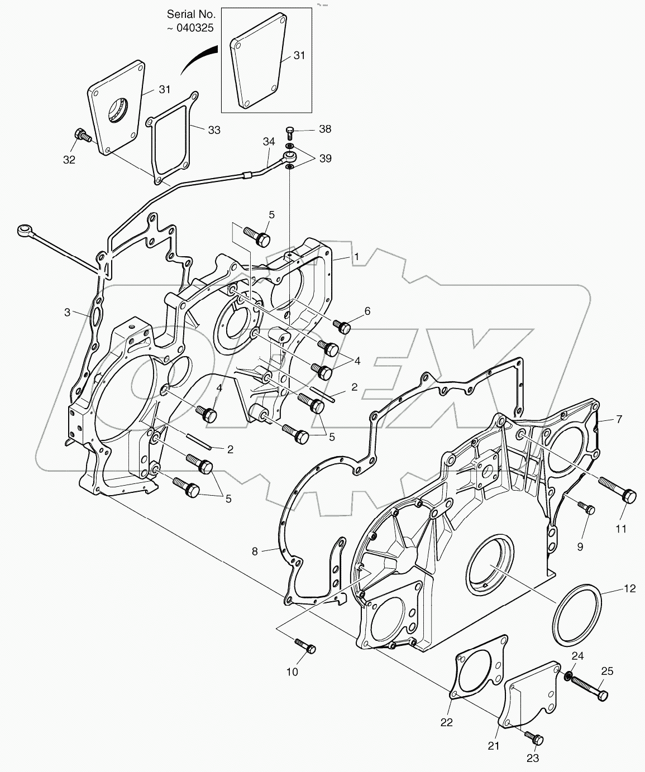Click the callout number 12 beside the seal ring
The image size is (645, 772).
pos(629,588)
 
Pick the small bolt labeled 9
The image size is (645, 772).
pos(587,507)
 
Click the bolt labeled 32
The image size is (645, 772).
pos(83,136)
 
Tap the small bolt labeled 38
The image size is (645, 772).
pos(290,131)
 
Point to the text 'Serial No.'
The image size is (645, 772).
pos(190,14)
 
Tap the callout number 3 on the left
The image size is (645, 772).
pos(67,312)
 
